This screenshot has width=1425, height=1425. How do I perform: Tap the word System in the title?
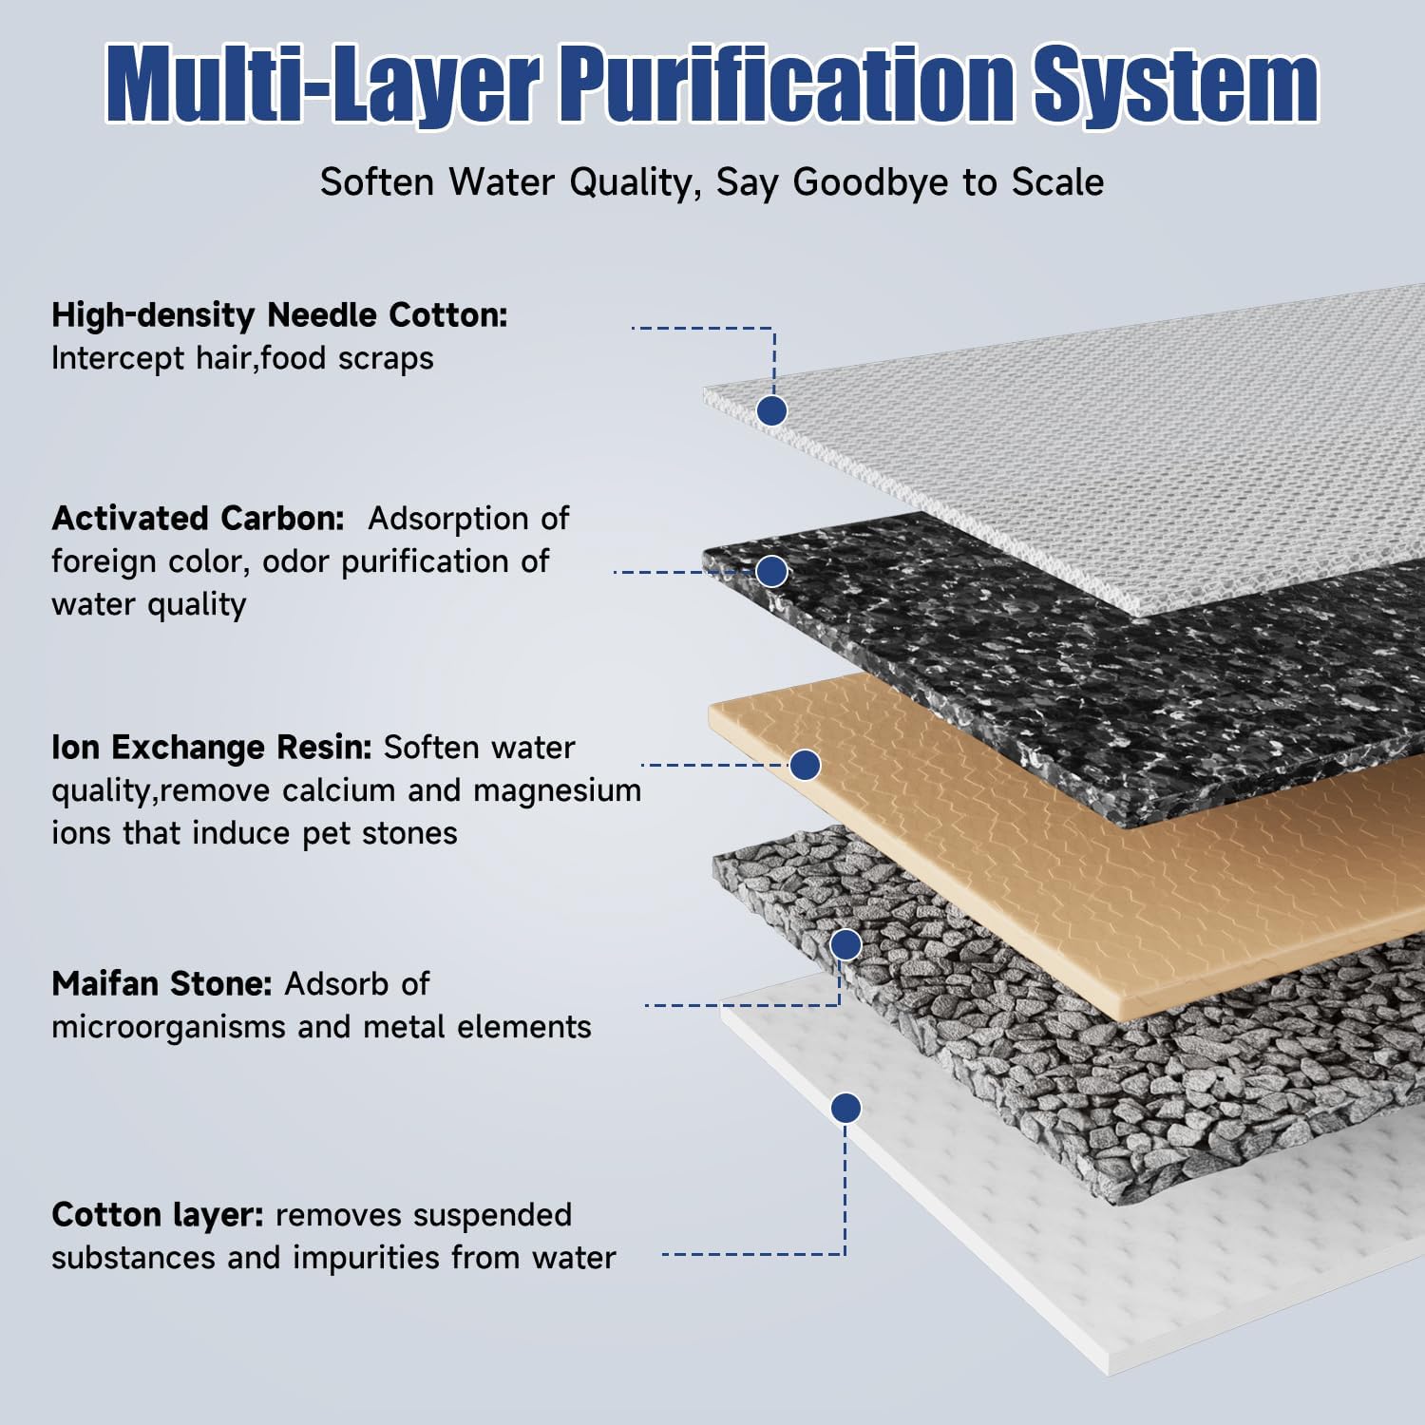point(1176,85)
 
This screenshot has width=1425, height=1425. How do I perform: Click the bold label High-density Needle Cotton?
point(279,315)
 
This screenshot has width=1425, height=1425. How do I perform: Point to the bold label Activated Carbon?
point(199,518)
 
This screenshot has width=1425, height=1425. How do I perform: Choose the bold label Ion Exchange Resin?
point(211,748)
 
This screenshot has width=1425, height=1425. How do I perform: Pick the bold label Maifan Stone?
point(162,983)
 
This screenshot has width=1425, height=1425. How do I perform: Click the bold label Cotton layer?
point(157,1215)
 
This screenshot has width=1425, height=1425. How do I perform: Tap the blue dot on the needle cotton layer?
point(771,410)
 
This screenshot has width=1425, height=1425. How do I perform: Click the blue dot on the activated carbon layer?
point(771,571)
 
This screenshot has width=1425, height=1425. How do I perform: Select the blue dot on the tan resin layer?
point(806,765)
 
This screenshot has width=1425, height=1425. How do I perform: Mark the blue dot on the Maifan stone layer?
point(845,944)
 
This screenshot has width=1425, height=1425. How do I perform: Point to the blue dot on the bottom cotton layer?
point(845,1108)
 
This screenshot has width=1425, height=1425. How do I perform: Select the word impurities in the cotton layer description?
point(366,1259)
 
